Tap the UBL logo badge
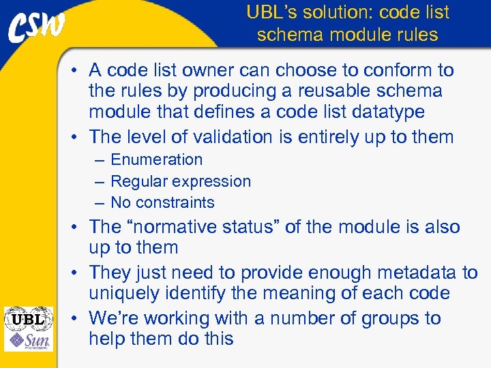pos(28,318)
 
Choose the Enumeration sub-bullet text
pos(156,160)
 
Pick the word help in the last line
pos(108,339)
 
